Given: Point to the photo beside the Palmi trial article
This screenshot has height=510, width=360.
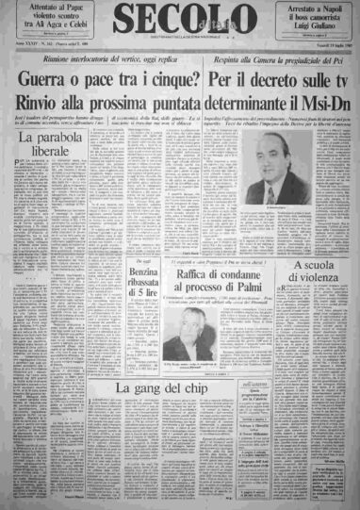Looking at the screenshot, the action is pos(185,338).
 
